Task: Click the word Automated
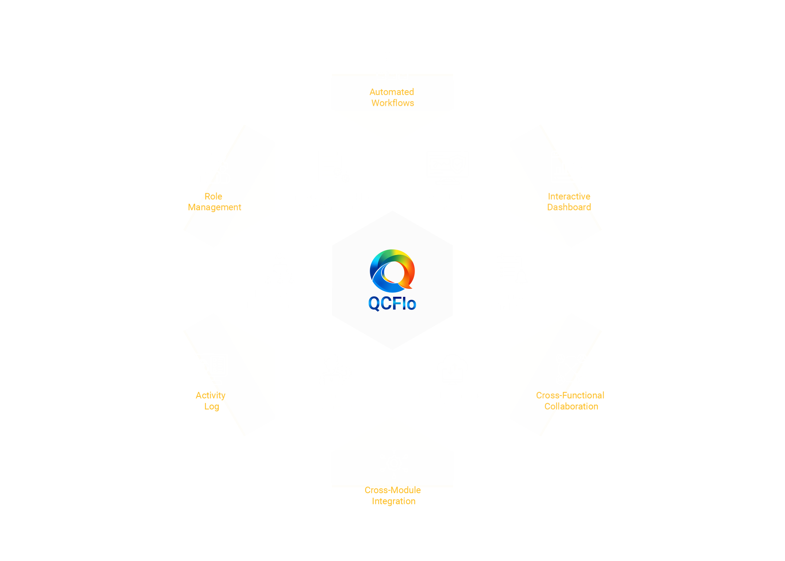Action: (392, 92)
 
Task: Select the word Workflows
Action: (393, 103)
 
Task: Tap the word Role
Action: (213, 196)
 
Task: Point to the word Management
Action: (214, 207)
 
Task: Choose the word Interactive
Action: (569, 196)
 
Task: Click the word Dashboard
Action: (569, 207)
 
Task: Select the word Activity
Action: (211, 396)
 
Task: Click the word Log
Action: (212, 407)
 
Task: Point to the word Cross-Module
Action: (393, 490)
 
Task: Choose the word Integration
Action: (394, 501)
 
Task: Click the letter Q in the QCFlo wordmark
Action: (374, 304)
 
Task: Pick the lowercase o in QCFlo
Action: (411, 305)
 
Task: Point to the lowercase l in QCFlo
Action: (404, 303)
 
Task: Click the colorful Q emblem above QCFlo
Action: (392, 271)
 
